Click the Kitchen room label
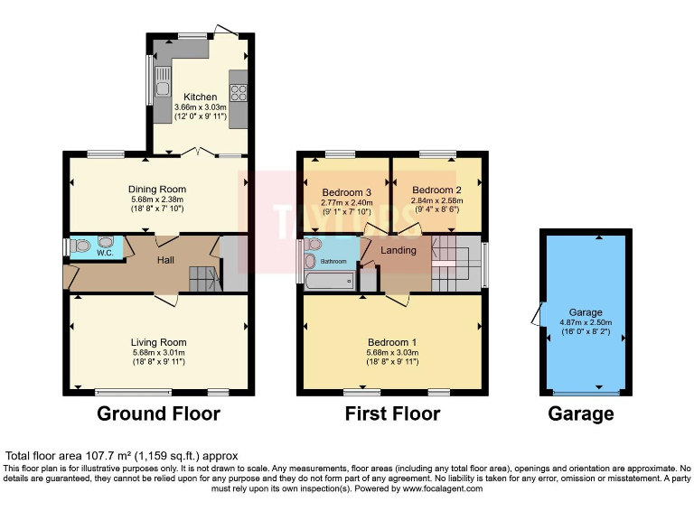200,97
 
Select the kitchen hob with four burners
240,91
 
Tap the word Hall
166,260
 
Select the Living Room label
158,342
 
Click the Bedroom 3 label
344,193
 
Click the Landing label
398,250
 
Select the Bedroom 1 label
392,342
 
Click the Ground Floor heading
158,414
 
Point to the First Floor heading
392,414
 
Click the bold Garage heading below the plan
581,414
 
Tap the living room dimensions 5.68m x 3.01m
158,352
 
